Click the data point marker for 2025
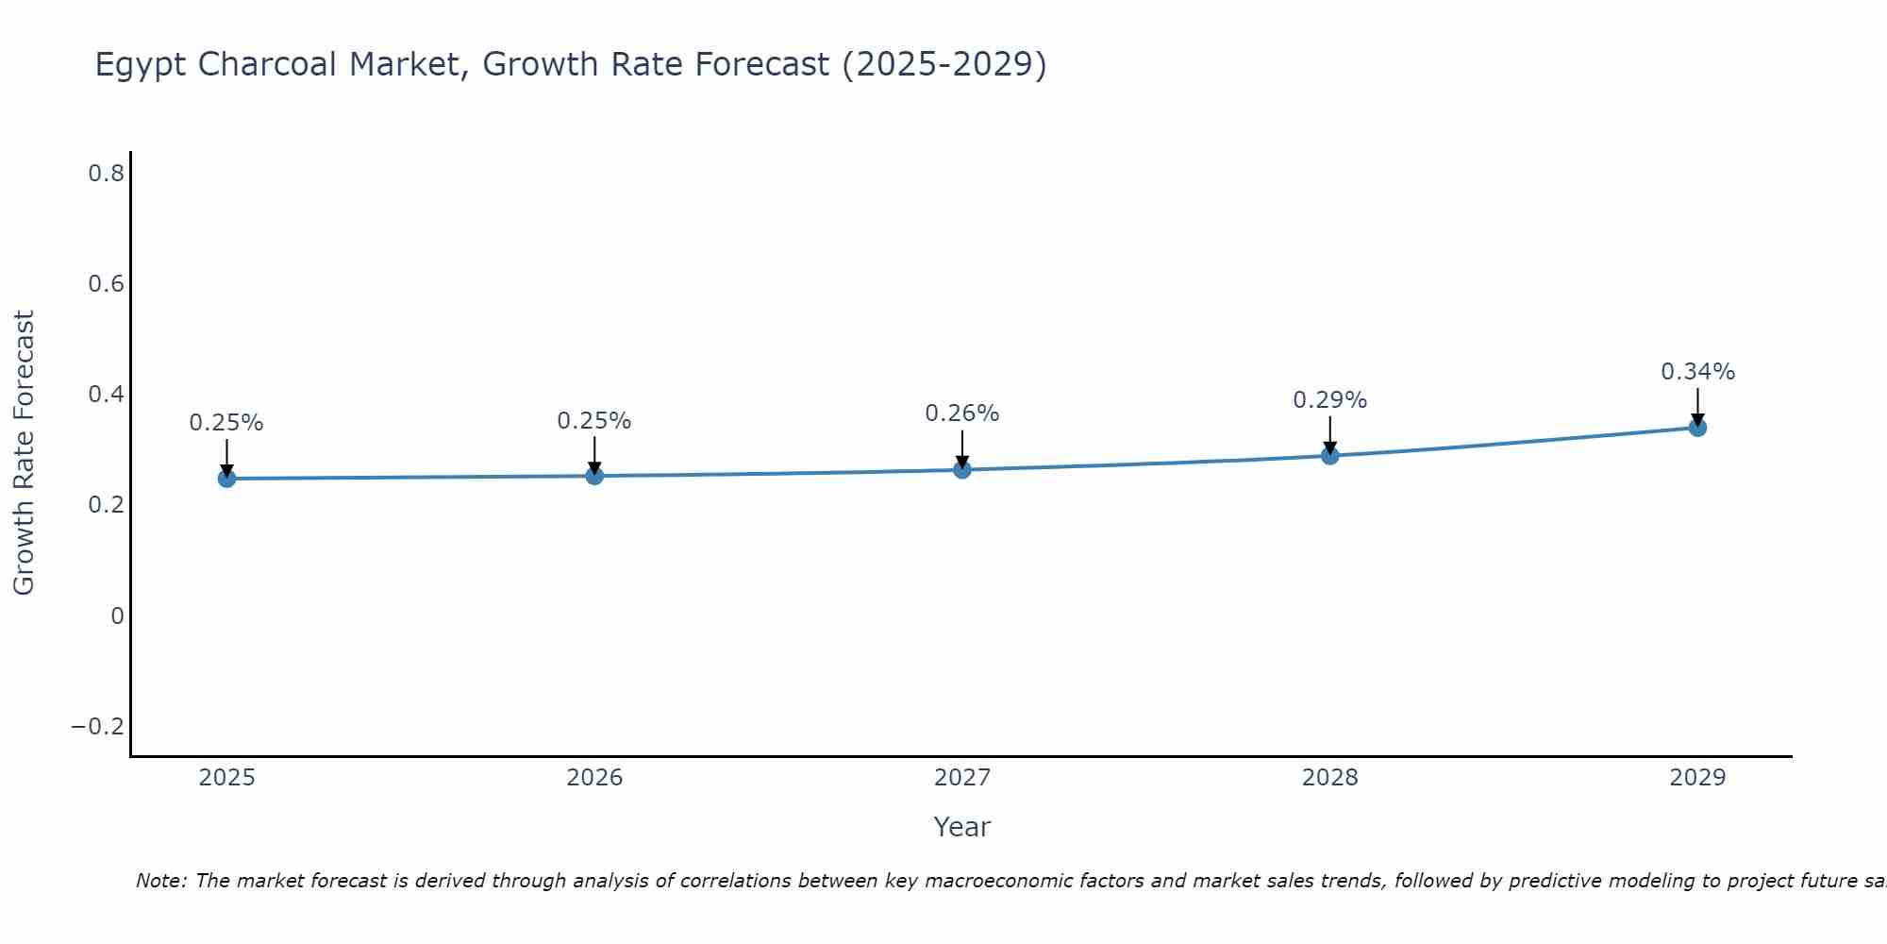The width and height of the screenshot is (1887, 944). (x=226, y=479)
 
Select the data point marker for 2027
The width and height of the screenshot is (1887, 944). (x=962, y=469)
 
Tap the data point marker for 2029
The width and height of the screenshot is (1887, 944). (x=1697, y=428)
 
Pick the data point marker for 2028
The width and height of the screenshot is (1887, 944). (x=1330, y=456)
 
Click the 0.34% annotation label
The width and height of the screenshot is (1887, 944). (x=1697, y=372)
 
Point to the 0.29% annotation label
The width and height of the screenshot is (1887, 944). (x=1329, y=400)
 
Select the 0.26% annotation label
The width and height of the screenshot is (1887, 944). (x=961, y=413)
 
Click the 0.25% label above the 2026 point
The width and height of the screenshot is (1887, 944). (x=593, y=421)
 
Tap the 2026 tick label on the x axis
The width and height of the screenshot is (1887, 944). (x=594, y=778)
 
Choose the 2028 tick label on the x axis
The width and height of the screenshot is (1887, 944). (x=1329, y=778)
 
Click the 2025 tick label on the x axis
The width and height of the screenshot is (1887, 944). (x=226, y=778)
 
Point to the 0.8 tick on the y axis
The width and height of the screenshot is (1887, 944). (x=106, y=173)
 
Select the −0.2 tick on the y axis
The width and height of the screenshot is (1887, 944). (x=97, y=726)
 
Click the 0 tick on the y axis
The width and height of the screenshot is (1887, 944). (x=117, y=615)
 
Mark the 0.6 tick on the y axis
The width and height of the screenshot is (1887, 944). (x=106, y=283)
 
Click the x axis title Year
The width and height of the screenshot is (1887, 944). (x=961, y=828)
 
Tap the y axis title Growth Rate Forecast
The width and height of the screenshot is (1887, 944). (x=24, y=453)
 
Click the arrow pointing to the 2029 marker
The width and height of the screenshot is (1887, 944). (x=1697, y=406)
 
